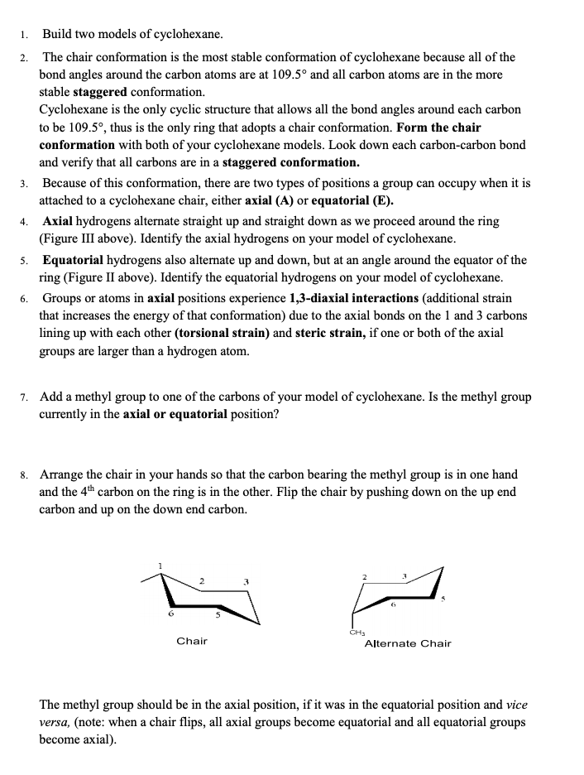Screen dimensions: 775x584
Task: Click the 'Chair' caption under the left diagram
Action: tap(192, 641)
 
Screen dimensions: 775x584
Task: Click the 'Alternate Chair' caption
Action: tap(408, 643)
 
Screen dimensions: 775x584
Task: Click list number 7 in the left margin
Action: tap(25, 397)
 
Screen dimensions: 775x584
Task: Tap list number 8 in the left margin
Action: tap(25, 475)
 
